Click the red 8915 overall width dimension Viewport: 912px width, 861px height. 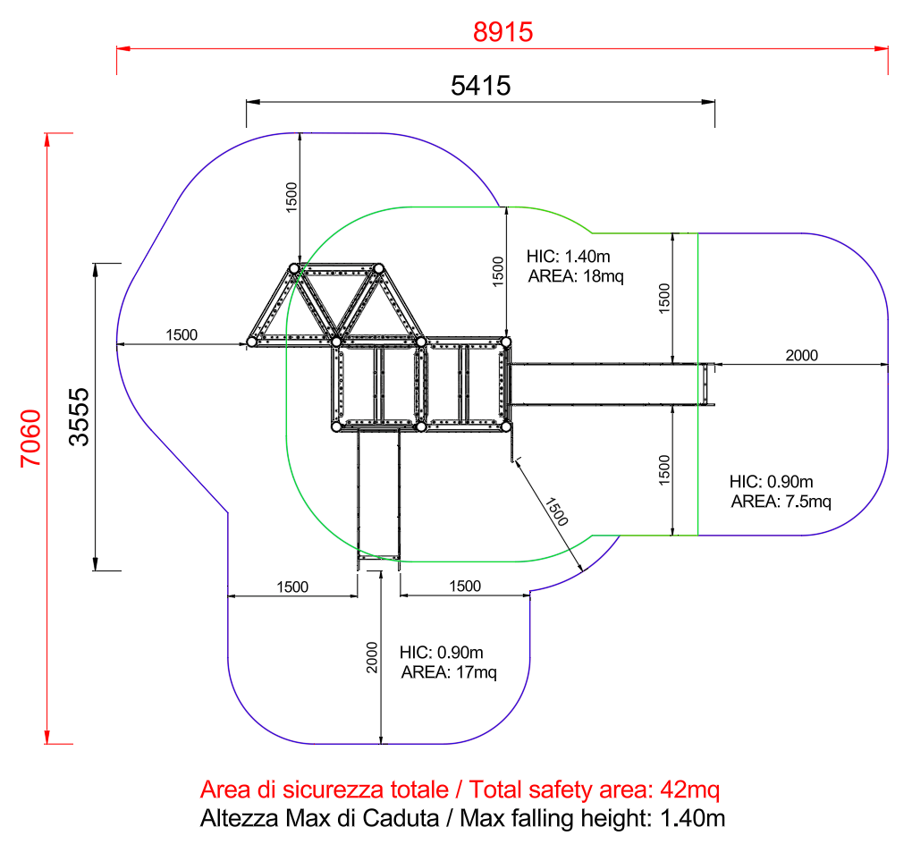(x=502, y=32)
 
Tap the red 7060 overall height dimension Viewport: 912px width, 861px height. (x=31, y=438)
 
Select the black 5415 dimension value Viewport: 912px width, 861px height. (x=480, y=86)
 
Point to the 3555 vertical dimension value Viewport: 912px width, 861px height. (x=79, y=417)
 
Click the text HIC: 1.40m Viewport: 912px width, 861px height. (x=569, y=256)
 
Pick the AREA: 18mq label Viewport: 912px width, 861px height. (x=576, y=275)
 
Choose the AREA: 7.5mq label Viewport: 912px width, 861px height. (x=781, y=501)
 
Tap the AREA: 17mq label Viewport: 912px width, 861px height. (x=449, y=672)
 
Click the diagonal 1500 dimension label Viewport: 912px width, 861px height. (x=556, y=512)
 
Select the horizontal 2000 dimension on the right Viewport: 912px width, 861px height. (x=801, y=356)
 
